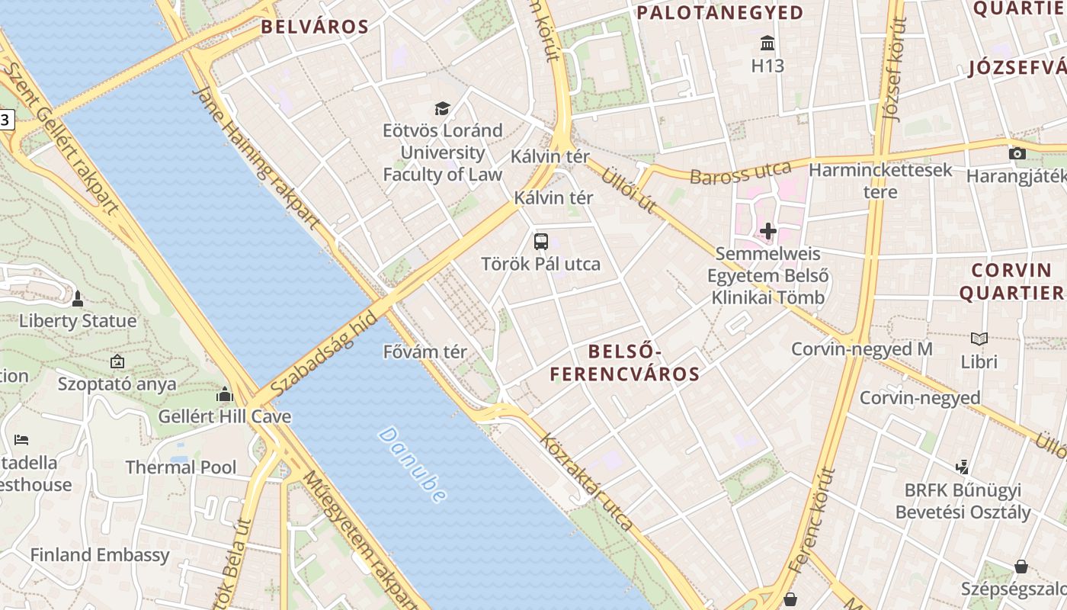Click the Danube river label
click(x=412, y=465)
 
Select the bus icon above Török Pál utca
click(x=541, y=242)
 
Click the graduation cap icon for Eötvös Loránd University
click(x=442, y=108)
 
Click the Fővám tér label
click(x=425, y=352)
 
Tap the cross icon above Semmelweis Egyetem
click(x=767, y=230)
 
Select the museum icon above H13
click(x=767, y=43)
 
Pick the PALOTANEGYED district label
click(x=720, y=13)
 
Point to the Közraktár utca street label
click(x=586, y=482)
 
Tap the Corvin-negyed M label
click(x=862, y=349)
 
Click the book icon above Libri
click(x=979, y=339)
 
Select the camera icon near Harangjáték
click(x=1017, y=153)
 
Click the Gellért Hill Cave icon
click(x=224, y=394)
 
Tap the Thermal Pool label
click(x=181, y=467)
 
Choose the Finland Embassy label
click(x=100, y=555)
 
